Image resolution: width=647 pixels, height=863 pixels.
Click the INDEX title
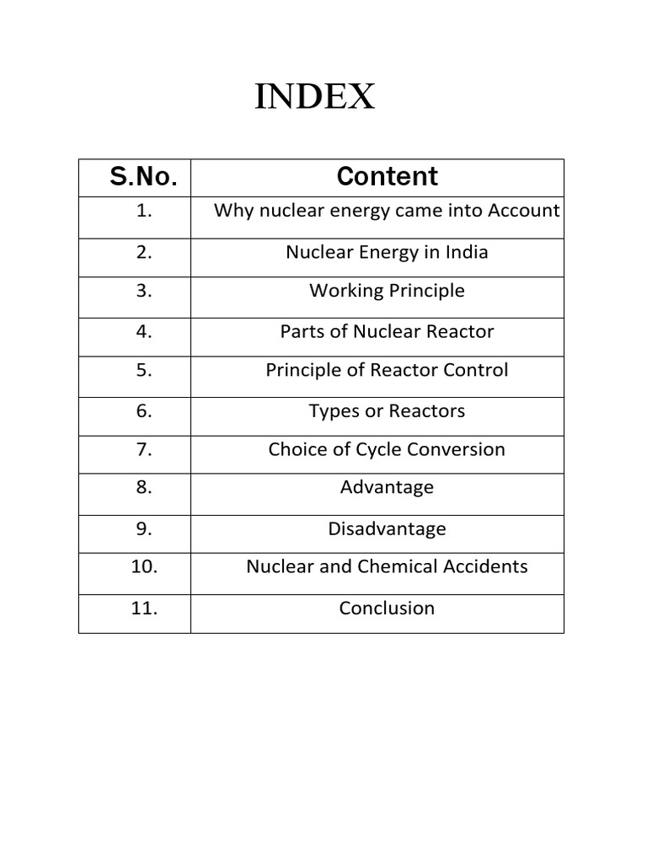[315, 99]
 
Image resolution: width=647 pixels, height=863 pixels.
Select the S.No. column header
[143, 177]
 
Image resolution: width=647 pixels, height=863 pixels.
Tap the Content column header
[387, 176]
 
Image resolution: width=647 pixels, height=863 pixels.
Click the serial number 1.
[143, 211]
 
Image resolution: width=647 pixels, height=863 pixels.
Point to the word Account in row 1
[523, 211]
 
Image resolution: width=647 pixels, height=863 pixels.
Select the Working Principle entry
[387, 291]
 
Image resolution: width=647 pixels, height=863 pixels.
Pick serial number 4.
[143, 331]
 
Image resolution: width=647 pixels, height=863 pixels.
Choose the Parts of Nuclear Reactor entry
[387, 331]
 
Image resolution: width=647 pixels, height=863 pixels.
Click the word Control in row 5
[476, 370]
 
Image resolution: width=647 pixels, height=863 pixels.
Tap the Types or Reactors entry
[387, 411]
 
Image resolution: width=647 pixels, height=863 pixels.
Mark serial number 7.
[143, 449]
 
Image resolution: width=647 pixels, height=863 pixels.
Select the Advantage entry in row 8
[387, 487]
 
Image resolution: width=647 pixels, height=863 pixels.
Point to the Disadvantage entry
[387, 529]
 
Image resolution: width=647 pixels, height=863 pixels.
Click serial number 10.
[144, 566]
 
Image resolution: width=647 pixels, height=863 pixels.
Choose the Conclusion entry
[387, 608]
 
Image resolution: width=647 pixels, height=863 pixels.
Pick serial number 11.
[144, 608]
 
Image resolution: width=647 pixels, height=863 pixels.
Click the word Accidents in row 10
[489, 566]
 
